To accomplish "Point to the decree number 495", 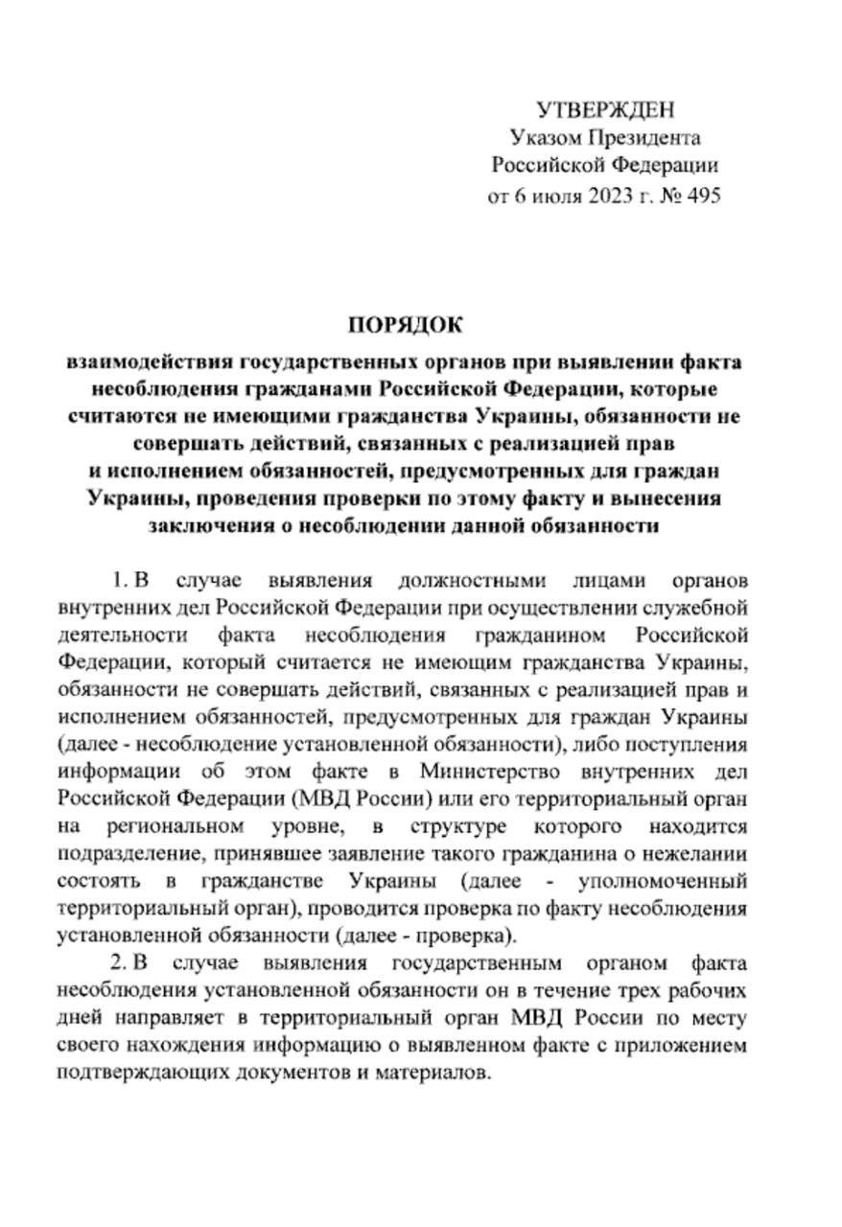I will click(x=699, y=195).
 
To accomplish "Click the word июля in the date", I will click(x=542, y=195).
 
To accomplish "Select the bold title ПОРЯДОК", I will click(x=405, y=326).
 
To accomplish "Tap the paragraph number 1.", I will click(x=117, y=581).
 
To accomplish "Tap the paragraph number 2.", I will click(x=117, y=962).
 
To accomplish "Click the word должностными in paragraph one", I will click(x=478, y=581).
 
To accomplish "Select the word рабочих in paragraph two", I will click(x=692, y=990).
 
